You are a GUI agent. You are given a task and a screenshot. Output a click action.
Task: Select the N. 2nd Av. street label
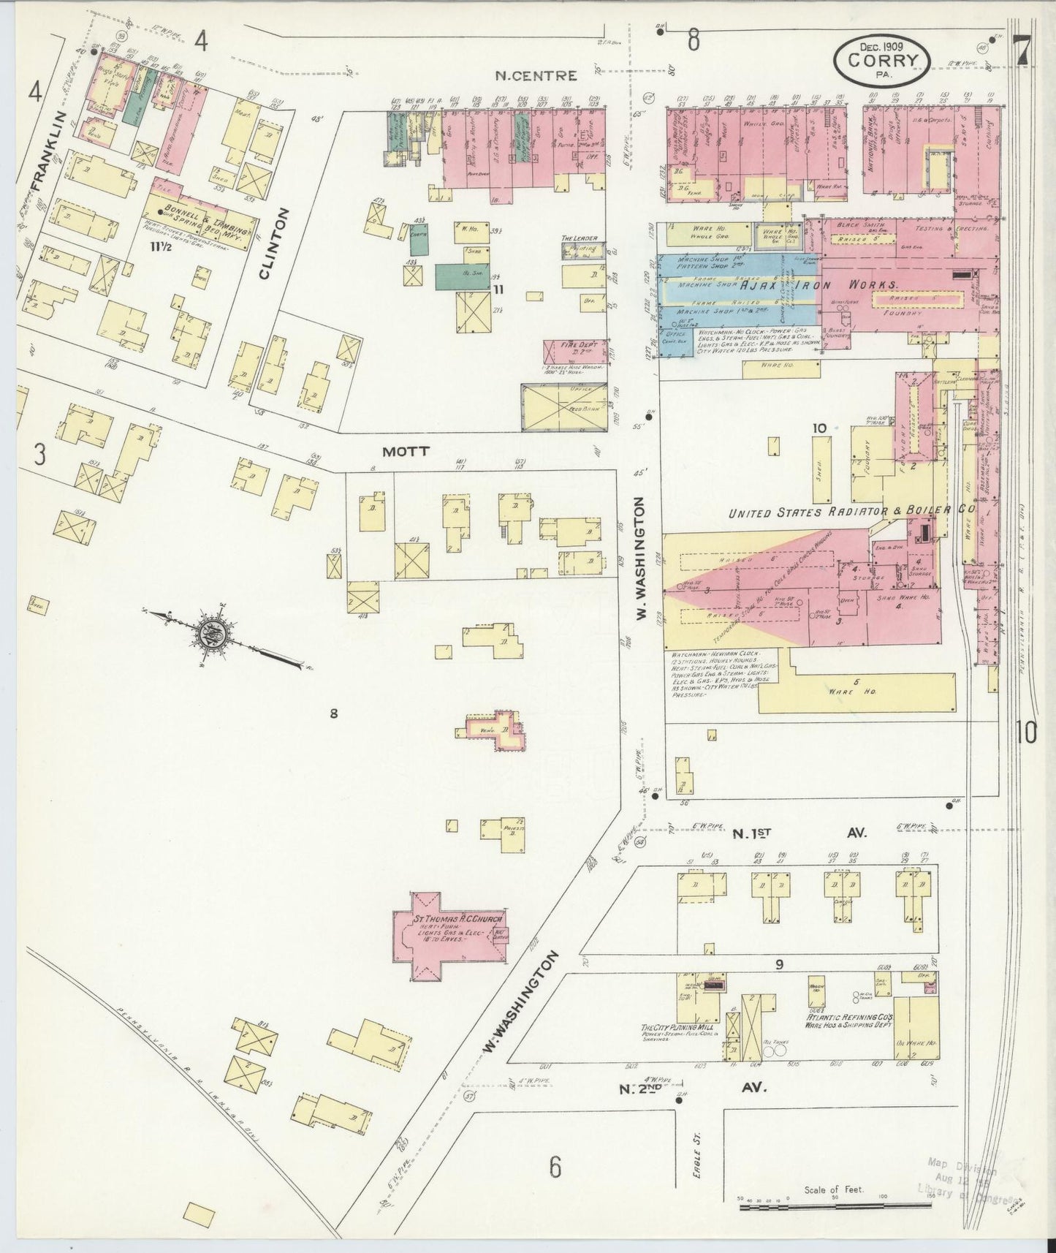(x=692, y=1088)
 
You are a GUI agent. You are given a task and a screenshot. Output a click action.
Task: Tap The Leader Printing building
(x=582, y=249)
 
